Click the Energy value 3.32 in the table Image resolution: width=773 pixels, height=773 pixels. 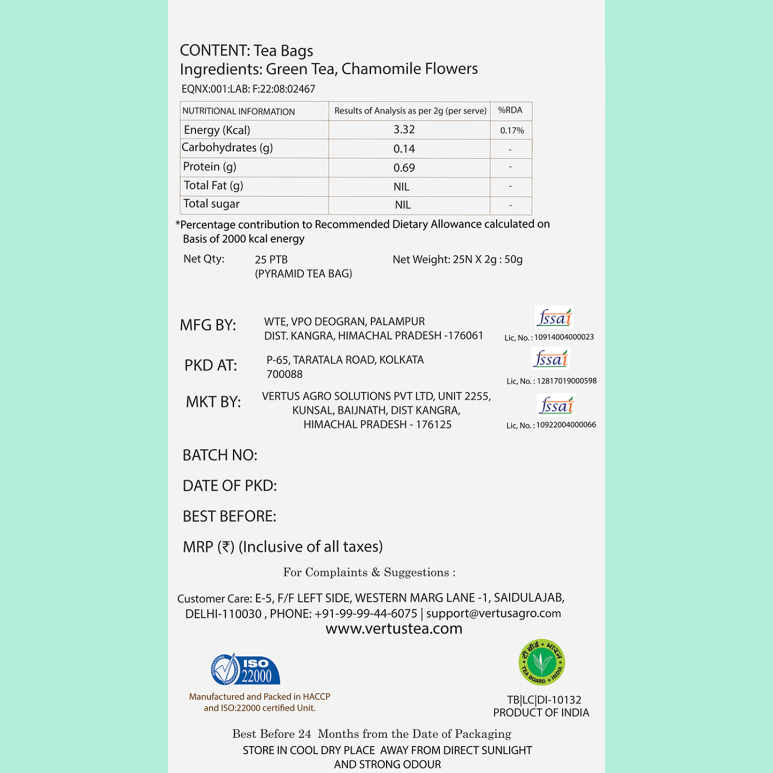(x=404, y=130)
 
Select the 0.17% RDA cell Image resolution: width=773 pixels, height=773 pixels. (x=512, y=131)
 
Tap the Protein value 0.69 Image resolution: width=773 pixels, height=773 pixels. (x=404, y=168)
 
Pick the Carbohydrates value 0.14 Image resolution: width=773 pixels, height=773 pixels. (x=404, y=149)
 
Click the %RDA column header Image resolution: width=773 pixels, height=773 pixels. (x=510, y=111)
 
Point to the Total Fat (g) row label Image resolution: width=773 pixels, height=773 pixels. (x=213, y=186)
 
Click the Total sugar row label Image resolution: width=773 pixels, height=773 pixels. (x=211, y=204)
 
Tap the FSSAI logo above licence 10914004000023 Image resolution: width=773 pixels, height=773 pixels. (x=554, y=318)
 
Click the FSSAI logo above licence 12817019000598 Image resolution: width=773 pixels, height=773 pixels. (x=551, y=358)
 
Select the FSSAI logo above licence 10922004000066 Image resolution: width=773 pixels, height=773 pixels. (x=556, y=405)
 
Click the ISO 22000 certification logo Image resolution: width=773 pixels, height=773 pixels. (x=246, y=670)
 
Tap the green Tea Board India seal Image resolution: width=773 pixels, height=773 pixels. (x=541, y=662)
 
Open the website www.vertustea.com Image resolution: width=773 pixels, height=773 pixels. (x=394, y=629)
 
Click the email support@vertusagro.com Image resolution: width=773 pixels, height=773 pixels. (x=493, y=614)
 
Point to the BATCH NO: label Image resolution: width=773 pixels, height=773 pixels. (x=220, y=455)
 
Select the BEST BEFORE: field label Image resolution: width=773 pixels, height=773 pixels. (x=229, y=516)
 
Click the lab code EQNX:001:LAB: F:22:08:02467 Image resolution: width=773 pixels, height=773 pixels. (x=248, y=89)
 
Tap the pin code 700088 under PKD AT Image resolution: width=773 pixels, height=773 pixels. (x=285, y=374)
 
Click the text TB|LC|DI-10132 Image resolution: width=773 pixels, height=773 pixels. (x=544, y=700)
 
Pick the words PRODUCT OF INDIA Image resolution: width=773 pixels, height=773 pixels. (x=541, y=713)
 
